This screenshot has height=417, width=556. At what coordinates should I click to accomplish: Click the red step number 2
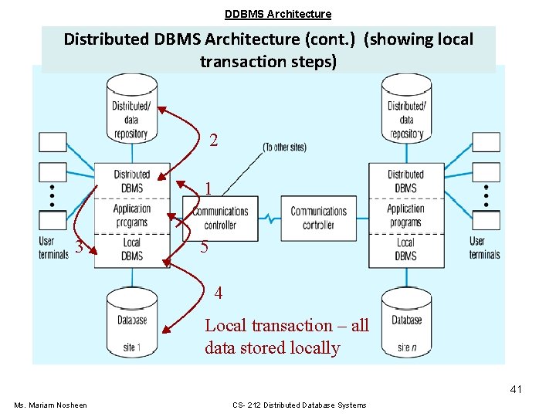click(x=213, y=140)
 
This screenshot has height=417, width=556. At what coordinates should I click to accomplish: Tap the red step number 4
click(x=219, y=293)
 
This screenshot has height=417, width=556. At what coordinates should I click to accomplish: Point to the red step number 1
click(x=208, y=188)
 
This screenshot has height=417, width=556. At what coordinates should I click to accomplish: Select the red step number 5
click(x=204, y=247)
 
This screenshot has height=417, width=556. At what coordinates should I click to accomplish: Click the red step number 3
click(x=79, y=246)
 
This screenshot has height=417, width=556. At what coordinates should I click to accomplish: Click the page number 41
click(x=516, y=389)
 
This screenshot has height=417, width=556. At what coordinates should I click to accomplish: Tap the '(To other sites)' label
click(x=284, y=147)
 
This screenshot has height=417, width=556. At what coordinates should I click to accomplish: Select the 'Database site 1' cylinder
click(x=132, y=322)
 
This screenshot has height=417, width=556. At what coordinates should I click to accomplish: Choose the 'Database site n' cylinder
click(x=406, y=322)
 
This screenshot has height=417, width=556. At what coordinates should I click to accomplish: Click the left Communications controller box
click(x=220, y=219)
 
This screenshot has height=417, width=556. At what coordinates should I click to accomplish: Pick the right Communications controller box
click(x=318, y=219)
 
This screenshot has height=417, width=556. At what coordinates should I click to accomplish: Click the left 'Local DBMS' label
click(x=132, y=249)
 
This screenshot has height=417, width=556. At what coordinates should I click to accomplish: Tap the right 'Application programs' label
click(x=405, y=215)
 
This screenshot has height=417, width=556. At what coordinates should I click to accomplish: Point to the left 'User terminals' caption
click(x=53, y=248)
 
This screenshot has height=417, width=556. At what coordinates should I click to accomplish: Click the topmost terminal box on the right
click(x=486, y=142)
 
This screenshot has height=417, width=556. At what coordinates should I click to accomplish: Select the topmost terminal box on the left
click(x=53, y=142)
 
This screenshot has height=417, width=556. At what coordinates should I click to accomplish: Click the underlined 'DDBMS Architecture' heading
click(x=278, y=14)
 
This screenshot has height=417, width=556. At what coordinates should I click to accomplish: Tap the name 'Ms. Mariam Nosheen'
click(x=50, y=405)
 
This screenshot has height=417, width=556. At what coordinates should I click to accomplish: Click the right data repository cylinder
click(x=406, y=108)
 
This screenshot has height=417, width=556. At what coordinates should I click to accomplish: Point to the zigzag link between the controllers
click(x=270, y=219)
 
